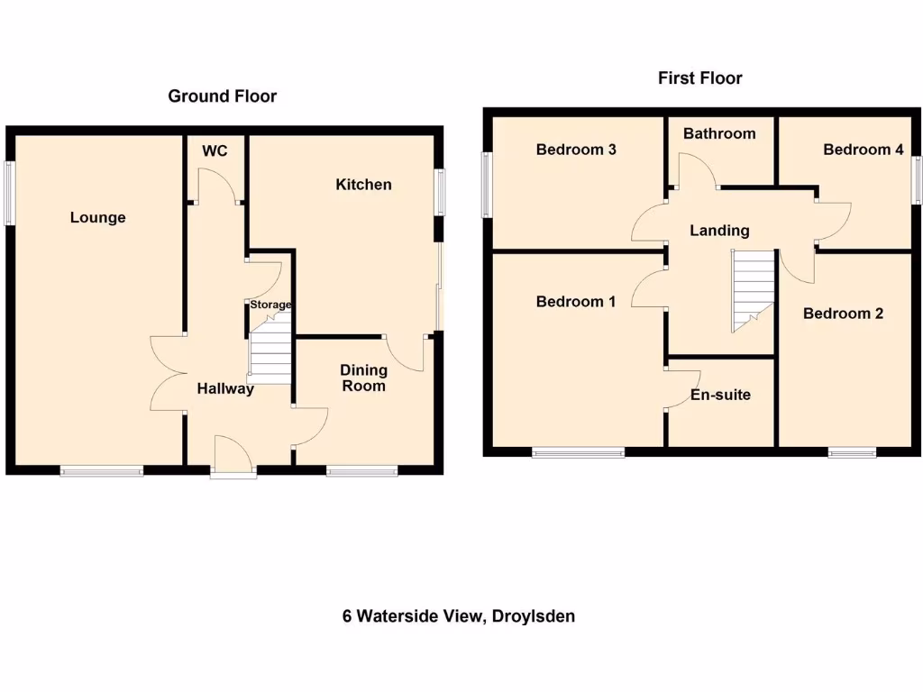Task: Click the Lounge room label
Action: coord(98,217)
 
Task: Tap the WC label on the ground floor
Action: coord(215,150)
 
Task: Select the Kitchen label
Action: coord(363,185)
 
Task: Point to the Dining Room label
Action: coord(363,378)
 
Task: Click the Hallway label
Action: coord(225,389)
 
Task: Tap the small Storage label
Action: coord(270,305)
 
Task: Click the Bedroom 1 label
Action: coord(576,302)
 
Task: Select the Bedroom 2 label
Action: coord(843,314)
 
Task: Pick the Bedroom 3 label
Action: coord(576,150)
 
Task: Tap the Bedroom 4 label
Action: coord(863,150)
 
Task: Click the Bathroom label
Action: coord(719,133)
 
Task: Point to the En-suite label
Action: coord(720,395)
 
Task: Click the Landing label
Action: coord(719,231)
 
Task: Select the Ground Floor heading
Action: coord(223,96)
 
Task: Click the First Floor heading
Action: coord(699,78)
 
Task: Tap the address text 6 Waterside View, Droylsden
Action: coord(459,616)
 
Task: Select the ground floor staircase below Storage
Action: coord(270,353)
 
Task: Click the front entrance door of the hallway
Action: coord(233,455)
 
